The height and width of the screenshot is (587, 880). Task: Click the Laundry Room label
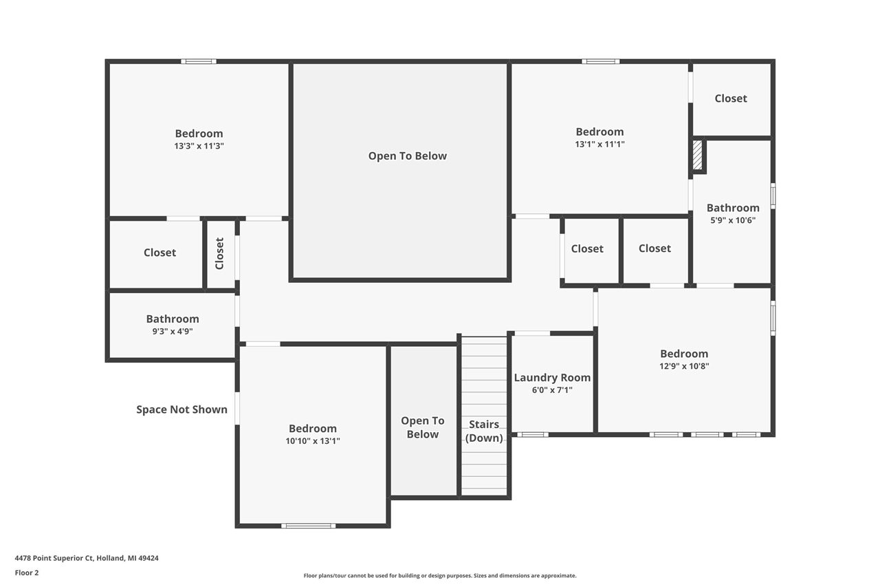(552, 377)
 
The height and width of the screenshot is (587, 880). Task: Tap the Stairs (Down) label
(484, 431)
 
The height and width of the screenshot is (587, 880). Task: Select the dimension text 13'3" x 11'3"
(199, 146)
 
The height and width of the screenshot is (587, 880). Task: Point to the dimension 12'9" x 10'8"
(684, 366)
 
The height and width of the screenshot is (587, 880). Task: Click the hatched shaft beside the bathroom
(697, 156)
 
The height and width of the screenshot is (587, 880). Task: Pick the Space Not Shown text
(181, 409)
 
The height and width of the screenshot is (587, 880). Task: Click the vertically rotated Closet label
(219, 253)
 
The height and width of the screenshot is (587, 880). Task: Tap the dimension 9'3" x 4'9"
(173, 331)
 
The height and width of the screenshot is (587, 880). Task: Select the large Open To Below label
(408, 156)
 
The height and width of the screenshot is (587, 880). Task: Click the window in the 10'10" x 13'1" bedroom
(309, 526)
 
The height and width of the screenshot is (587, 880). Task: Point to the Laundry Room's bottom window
(532, 434)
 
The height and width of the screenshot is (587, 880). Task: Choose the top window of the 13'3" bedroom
(199, 61)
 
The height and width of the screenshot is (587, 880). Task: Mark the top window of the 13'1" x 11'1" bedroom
(601, 61)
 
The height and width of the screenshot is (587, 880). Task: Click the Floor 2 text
(27, 573)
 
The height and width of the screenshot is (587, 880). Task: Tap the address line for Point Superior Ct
(87, 558)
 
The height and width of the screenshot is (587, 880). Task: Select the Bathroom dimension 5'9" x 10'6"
(733, 220)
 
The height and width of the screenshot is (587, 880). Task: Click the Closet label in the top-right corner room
(731, 98)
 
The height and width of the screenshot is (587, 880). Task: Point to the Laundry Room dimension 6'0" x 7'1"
(552, 390)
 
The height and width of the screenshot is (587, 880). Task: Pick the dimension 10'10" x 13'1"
(313, 440)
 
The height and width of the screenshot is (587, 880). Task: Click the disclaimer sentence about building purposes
(440, 575)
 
